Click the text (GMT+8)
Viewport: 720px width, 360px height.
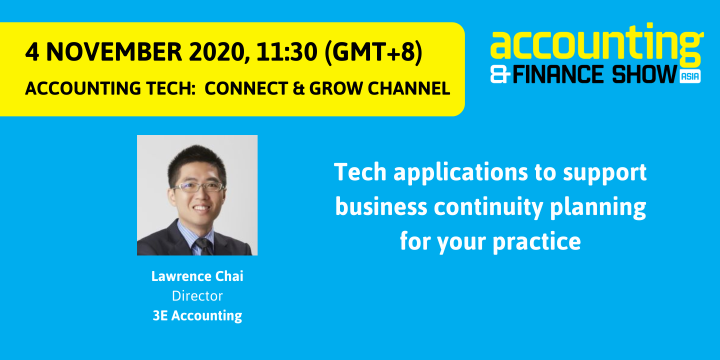tap(373, 52)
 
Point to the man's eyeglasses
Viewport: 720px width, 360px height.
tap(197, 186)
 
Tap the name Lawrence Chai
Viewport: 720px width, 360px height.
tap(197, 276)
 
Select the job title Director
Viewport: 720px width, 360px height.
tap(197, 296)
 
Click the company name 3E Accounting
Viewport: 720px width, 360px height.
tap(197, 316)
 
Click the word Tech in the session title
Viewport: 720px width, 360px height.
tap(360, 172)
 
